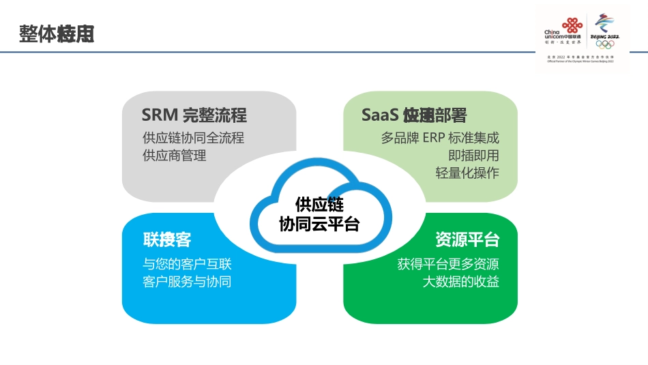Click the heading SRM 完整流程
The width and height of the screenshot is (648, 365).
[x=194, y=115]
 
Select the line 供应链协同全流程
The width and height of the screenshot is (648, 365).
[x=193, y=138]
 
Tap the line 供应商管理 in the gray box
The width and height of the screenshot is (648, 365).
[x=174, y=156]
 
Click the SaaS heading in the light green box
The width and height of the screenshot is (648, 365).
[x=414, y=115]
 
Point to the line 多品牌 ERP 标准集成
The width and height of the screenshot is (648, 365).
[x=440, y=138]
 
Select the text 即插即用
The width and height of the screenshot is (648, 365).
[x=473, y=156]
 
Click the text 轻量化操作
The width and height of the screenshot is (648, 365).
[x=467, y=173]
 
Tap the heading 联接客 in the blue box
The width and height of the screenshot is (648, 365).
[x=167, y=240]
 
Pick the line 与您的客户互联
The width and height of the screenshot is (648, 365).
[x=187, y=264]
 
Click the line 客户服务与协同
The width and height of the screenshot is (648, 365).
[x=187, y=281]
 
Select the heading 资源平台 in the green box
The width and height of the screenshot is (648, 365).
[x=467, y=240]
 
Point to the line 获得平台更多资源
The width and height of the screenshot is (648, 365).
[x=448, y=264]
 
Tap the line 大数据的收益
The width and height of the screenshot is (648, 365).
[x=460, y=281]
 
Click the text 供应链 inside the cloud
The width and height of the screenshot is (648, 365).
[x=319, y=205]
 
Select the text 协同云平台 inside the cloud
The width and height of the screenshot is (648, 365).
[x=319, y=224]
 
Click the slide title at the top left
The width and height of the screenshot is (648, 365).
[x=57, y=33]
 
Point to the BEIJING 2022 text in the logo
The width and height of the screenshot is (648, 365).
[x=604, y=35]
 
